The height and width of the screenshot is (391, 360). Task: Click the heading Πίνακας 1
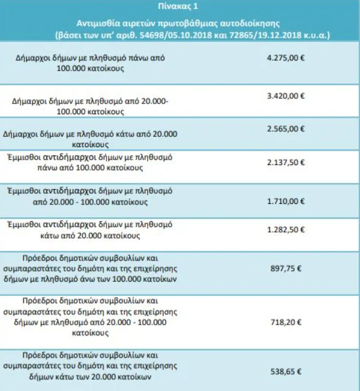pyautogui.click(x=179, y=7)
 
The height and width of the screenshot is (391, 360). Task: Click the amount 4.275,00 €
pyautogui.click(x=285, y=60)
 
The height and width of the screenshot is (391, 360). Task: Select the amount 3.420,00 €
pyautogui.click(x=285, y=94)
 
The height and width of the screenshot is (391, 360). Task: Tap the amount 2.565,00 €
pyautogui.click(x=285, y=129)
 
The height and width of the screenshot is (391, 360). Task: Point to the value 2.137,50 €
pyautogui.click(x=285, y=162)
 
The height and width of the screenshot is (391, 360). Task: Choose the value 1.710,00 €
pyautogui.click(x=285, y=196)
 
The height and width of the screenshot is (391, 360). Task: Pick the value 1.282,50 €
pyautogui.click(x=285, y=230)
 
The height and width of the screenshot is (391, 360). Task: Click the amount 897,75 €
pyautogui.click(x=285, y=269)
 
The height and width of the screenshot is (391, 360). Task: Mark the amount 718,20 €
pyautogui.click(x=285, y=320)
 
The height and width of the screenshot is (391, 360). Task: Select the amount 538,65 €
pyautogui.click(x=285, y=371)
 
